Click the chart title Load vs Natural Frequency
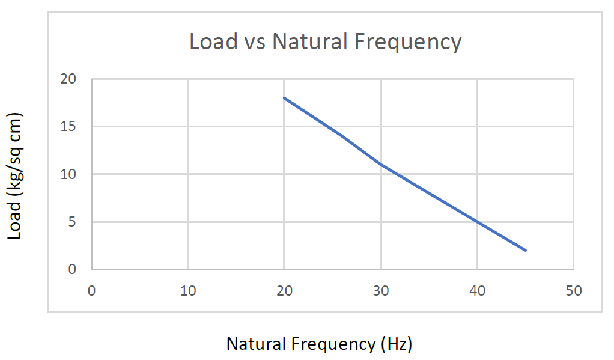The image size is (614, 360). coord(325,42)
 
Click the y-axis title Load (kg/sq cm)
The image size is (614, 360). coord(15,175)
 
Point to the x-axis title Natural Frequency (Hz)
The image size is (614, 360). coord(319,344)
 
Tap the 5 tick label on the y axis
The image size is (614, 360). coord(73,222)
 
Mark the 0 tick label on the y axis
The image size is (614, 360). coord(73,269)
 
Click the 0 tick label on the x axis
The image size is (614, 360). coord(91,291)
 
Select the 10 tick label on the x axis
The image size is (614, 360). coord(188,291)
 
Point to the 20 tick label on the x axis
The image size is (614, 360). coord(284,291)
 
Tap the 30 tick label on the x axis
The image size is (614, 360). coord(381,291)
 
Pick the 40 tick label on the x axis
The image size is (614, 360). coord(477,291)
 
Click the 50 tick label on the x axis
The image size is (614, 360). coord(574,291)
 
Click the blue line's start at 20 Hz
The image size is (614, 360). coord(284,98)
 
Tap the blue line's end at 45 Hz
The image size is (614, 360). coord(526,250)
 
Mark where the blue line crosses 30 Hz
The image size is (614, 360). coord(381,165)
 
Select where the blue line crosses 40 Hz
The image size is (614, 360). coord(477,222)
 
